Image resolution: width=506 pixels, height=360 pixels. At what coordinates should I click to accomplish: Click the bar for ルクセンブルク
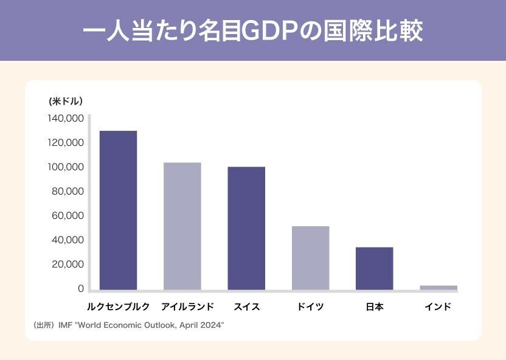pos(118,210)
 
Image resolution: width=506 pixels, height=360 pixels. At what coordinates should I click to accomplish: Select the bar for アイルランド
pos(182,226)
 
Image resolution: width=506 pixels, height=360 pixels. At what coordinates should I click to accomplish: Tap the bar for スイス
pos(246,228)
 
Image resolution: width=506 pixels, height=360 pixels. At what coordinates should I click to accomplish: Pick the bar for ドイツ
pos(310,258)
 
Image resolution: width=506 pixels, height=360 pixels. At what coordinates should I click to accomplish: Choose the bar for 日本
pos(374,268)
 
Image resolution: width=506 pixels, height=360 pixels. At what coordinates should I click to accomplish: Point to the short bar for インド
pos(438,288)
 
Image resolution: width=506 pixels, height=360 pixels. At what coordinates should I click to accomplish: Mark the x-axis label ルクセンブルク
pos(118,307)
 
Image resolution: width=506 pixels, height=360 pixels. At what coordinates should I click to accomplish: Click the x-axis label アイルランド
pos(182,307)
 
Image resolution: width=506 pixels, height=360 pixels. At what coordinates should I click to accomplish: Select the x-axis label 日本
pos(374,307)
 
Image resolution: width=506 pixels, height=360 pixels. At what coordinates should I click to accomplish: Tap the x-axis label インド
pos(438,307)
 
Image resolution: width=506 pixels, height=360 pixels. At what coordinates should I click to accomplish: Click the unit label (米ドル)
pos(66,101)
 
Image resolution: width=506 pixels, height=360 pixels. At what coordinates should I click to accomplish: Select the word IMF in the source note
pos(65,326)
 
